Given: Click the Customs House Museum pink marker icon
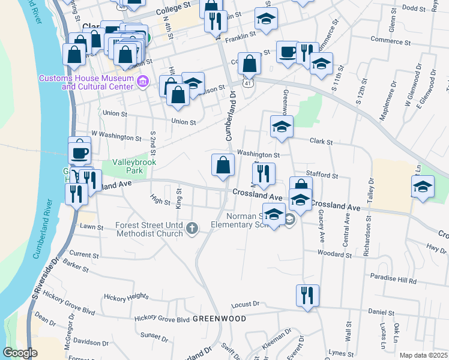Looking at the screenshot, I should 142,82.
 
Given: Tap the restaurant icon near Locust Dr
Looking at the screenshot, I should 307,295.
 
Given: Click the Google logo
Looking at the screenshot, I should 20,353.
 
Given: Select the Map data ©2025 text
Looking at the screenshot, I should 423,355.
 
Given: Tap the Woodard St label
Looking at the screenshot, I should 334,254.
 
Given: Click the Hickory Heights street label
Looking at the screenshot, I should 125,296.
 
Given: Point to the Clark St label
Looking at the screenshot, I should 321,142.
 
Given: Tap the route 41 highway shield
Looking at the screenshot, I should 247,84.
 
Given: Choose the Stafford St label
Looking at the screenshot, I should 322,175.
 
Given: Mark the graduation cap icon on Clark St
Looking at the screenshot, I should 282,126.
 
